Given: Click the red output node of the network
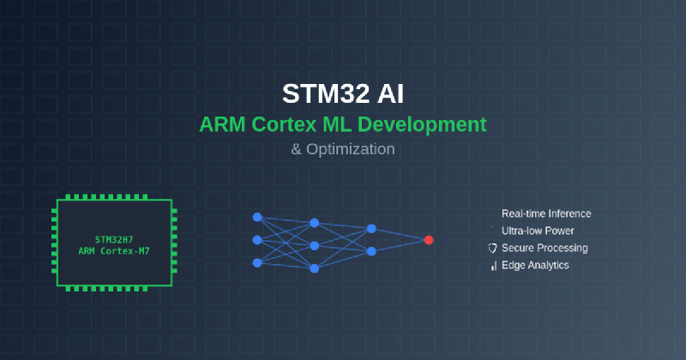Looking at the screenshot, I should click(428, 240).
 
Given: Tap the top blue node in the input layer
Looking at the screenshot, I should click(256, 217).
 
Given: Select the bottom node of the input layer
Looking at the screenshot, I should click(256, 262).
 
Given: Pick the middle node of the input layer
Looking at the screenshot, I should click(256, 240).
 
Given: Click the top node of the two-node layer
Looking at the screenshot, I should click(371, 229).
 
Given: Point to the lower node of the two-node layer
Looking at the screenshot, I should click(371, 251).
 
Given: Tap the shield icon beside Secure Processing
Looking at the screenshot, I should click(492, 249).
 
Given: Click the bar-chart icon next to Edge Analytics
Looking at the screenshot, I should click(493, 266).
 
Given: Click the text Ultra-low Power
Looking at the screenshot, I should click(538, 231).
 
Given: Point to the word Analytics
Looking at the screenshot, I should click(547, 265).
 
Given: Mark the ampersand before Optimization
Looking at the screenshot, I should click(297, 148).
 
